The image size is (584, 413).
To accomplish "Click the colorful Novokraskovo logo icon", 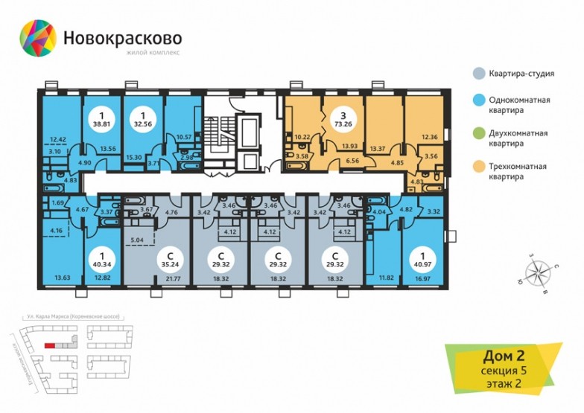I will [x=36, y=39].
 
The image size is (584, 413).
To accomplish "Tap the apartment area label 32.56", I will [x=143, y=126].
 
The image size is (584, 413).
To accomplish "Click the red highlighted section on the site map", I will [x=51, y=345].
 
